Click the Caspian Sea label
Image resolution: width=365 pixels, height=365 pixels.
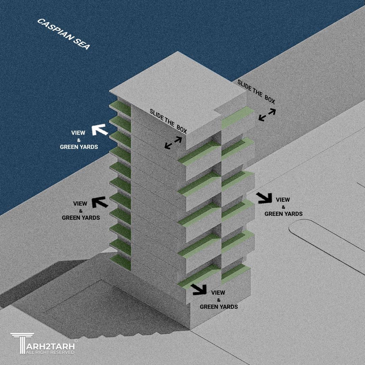[x=63, y=34]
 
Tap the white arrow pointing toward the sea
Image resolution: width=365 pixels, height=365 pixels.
[x=100, y=130]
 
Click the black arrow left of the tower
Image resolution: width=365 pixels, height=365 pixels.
[x=100, y=202]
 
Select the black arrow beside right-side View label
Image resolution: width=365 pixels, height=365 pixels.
[x=264, y=198]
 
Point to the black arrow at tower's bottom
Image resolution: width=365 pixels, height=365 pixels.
[x=199, y=289]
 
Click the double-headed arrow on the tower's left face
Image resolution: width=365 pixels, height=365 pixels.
[x=173, y=143]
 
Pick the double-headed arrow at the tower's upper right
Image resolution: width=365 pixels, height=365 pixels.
[x=267, y=115]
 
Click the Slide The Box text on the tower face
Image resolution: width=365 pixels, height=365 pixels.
[x=168, y=121]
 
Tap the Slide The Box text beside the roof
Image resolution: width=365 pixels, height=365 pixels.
[x=256, y=92]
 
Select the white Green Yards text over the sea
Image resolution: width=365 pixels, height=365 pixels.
[x=79, y=147]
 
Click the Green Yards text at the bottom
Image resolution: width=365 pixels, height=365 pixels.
[x=219, y=307]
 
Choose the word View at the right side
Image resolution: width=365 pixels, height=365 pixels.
[x=283, y=200]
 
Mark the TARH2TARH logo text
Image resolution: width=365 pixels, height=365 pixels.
[x=50, y=346]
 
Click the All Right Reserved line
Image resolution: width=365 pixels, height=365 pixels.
[x=50, y=352]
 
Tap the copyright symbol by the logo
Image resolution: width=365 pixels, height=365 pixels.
[x=75, y=341]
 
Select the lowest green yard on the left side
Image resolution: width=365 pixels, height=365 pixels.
[x=121, y=262]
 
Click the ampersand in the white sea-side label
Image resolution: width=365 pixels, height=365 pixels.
[x=79, y=140]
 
